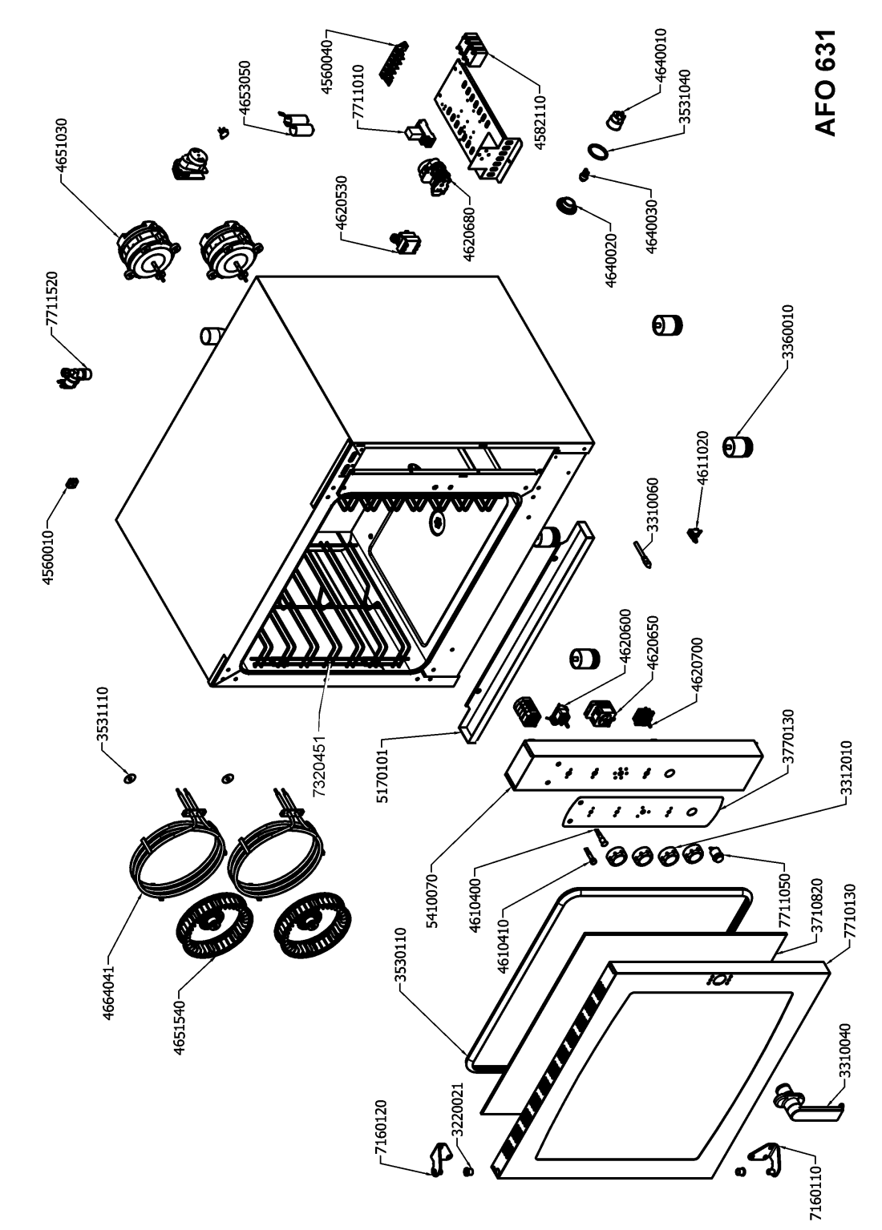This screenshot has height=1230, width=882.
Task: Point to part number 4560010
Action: [x=48, y=558]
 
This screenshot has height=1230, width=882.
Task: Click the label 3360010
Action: [x=787, y=333]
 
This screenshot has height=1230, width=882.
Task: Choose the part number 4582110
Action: [x=541, y=121]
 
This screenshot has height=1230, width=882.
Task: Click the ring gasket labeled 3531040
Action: [x=598, y=150]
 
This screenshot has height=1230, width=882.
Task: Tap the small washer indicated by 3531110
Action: [x=130, y=778]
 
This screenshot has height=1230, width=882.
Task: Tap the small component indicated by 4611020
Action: [x=695, y=534]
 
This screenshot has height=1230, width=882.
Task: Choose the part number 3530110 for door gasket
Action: [x=401, y=957]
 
